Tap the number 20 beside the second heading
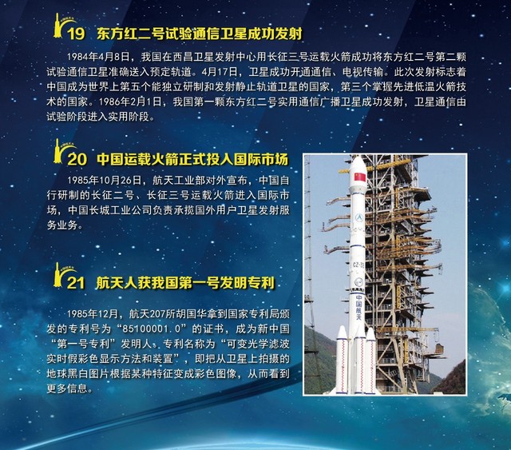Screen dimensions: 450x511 point(75,157)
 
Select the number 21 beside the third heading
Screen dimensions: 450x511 point(75,283)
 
